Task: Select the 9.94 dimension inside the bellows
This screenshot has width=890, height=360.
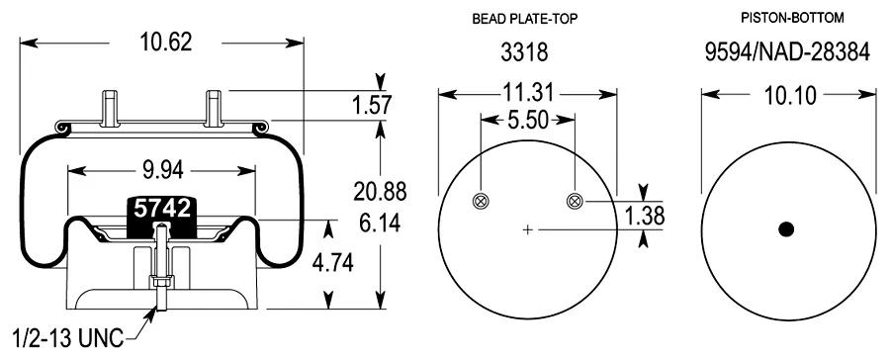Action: click(x=161, y=170)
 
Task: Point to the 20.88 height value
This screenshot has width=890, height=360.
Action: click(x=380, y=191)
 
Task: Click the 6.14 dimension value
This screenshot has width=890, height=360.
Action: click(x=380, y=223)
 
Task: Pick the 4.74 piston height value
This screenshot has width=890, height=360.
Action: click(x=332, y=263)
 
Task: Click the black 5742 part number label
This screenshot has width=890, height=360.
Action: click(x=162, y=209)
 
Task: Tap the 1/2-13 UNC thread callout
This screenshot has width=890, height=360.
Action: click(x=67, y=339)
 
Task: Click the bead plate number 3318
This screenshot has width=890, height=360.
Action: click(x=524, y=52)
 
